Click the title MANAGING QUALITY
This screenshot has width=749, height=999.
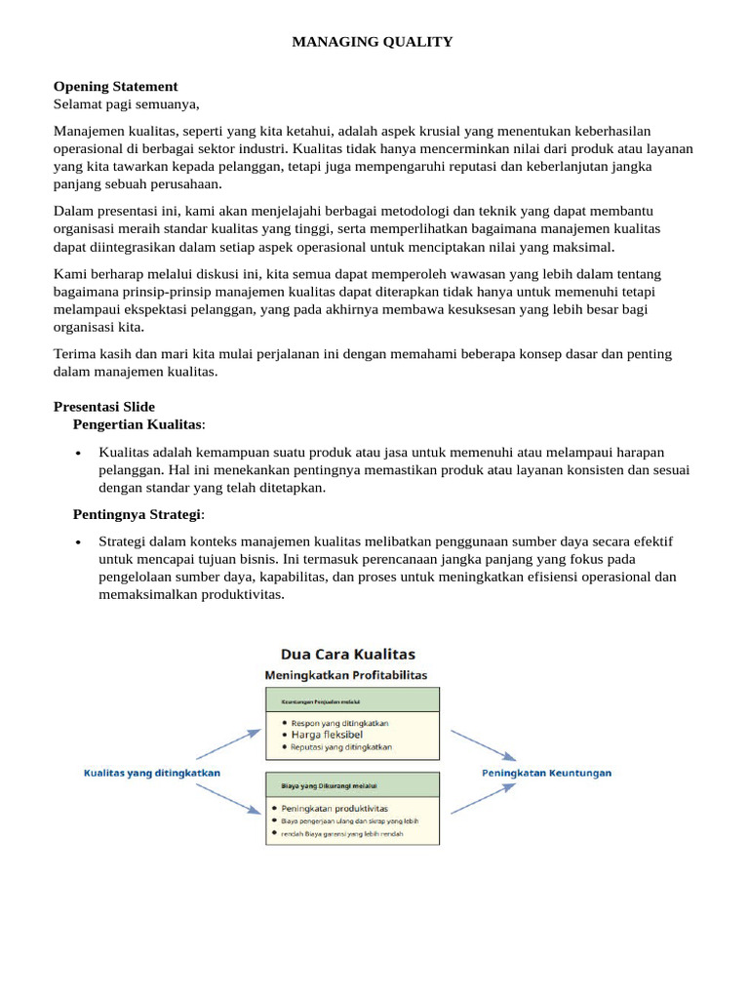tap(374, 41)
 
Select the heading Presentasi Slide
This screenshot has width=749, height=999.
tap(103, 406)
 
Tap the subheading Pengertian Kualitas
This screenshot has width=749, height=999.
tap(138, 424)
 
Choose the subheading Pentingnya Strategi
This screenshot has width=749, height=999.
tap(138, 514)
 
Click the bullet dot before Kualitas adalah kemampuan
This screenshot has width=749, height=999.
tap(78, 453)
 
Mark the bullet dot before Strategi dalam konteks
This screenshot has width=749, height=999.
tap(78, 542)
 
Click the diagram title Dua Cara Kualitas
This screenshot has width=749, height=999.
tap(347, 654)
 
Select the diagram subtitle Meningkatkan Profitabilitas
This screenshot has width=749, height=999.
tap(346, 675)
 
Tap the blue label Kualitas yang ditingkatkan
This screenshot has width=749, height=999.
tap(150, 773)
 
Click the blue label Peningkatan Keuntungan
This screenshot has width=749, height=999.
tap(547, 773)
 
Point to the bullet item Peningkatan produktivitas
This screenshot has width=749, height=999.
tap(335, 808)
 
